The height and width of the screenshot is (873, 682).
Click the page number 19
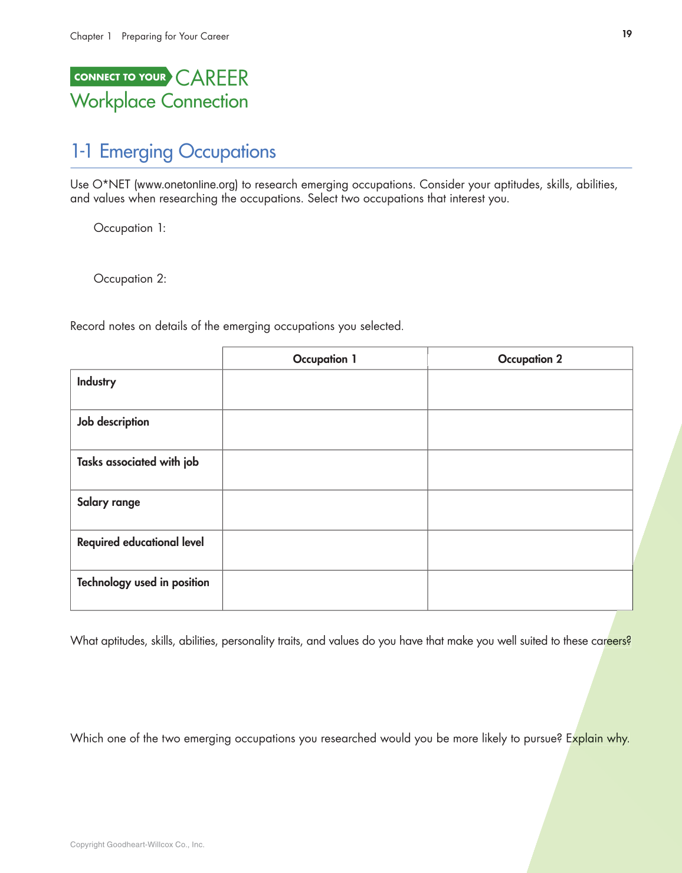627,34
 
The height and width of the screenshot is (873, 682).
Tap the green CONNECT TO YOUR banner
120,77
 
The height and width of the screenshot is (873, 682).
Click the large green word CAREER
212,78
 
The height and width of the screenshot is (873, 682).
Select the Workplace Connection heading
159,102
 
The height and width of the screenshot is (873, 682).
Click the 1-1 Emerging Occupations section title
173,152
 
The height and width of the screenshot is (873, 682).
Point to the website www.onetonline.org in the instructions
186,184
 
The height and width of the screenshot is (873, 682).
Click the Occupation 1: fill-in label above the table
130,228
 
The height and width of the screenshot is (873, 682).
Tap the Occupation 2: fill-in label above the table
130,279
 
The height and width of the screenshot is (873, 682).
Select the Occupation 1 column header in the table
324,359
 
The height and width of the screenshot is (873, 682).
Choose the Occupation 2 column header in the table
530,359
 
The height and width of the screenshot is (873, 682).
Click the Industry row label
97,382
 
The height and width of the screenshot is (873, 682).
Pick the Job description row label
113,422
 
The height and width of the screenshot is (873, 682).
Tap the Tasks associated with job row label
138,462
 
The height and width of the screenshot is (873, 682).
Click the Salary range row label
109,502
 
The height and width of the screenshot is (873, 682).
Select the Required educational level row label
140,542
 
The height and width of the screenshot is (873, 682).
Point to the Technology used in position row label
143,583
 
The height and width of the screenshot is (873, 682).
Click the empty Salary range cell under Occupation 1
324,510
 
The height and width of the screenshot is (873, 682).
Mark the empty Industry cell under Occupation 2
530,390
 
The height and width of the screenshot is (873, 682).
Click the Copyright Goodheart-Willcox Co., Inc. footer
137,845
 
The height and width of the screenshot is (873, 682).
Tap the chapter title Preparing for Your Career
175,37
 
